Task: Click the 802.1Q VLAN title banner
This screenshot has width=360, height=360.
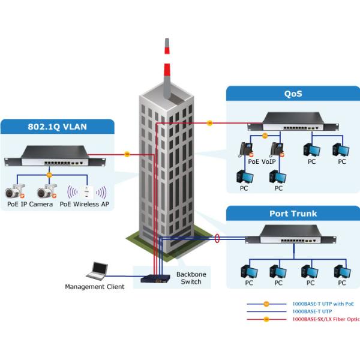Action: pyautogui.click(x=58, y=127)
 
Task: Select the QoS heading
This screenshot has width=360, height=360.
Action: pyautogui.click(x=292, y=94)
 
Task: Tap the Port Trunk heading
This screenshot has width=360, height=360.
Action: pyautogui.click(x=292, y=214)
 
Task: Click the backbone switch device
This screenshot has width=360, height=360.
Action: pyautogui.click(x=155, y=278)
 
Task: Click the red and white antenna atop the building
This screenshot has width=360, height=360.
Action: pyautogui.click(x=166, y=66)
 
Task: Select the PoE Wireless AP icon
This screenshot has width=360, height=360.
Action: pyautogui.click(x=87, y=192)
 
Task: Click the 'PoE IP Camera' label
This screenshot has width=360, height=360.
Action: pyautogui.click(x=29, y=204)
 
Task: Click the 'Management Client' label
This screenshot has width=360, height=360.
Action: pyautogui.click(x=95, y=287)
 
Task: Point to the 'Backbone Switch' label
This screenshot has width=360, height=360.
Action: pyautogui.click(x=192, y=278)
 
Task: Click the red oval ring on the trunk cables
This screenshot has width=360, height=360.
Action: pyautogui.click(x=217, y=239)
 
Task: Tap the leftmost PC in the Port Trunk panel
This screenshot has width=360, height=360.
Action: pyautogui.click(x=247, y=273)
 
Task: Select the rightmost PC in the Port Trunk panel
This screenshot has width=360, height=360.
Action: pyautogui.click(x=341, y=273)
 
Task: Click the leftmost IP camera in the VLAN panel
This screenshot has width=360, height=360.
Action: pyautogui.click(x=13, y=192)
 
